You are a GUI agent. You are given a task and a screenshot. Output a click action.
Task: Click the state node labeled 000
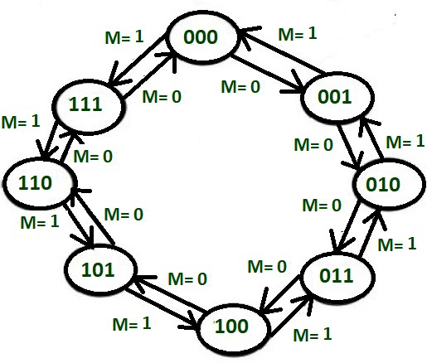click(201, 37)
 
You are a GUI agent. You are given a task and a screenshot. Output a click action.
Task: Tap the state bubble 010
click(388, 185)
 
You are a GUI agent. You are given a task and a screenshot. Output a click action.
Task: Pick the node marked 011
click(337, 276)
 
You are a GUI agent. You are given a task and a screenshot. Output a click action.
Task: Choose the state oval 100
click(232, 327)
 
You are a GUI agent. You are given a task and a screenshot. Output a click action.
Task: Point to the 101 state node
click(100, 270)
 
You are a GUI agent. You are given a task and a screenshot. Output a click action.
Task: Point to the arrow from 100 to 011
click(290, 314)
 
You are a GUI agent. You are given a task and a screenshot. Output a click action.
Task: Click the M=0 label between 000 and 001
click(240, 86)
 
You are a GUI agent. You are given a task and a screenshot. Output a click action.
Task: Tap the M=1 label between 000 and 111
click(124, 36)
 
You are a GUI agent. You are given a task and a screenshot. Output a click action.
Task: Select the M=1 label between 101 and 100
click(132, 323)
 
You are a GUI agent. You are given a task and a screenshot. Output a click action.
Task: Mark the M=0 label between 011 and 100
click(267, 267)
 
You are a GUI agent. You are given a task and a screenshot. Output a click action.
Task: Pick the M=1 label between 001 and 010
click(405, 142)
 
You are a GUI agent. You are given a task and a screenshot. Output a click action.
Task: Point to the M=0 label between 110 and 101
click(124, 214)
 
